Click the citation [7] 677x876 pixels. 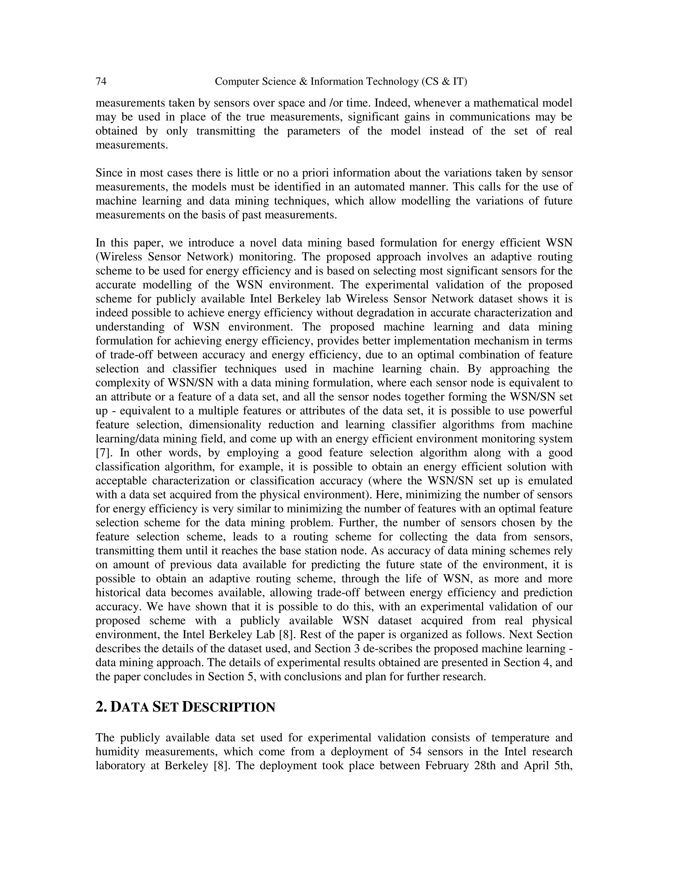tap(103, 453)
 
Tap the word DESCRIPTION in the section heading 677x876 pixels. tap(229, 707)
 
